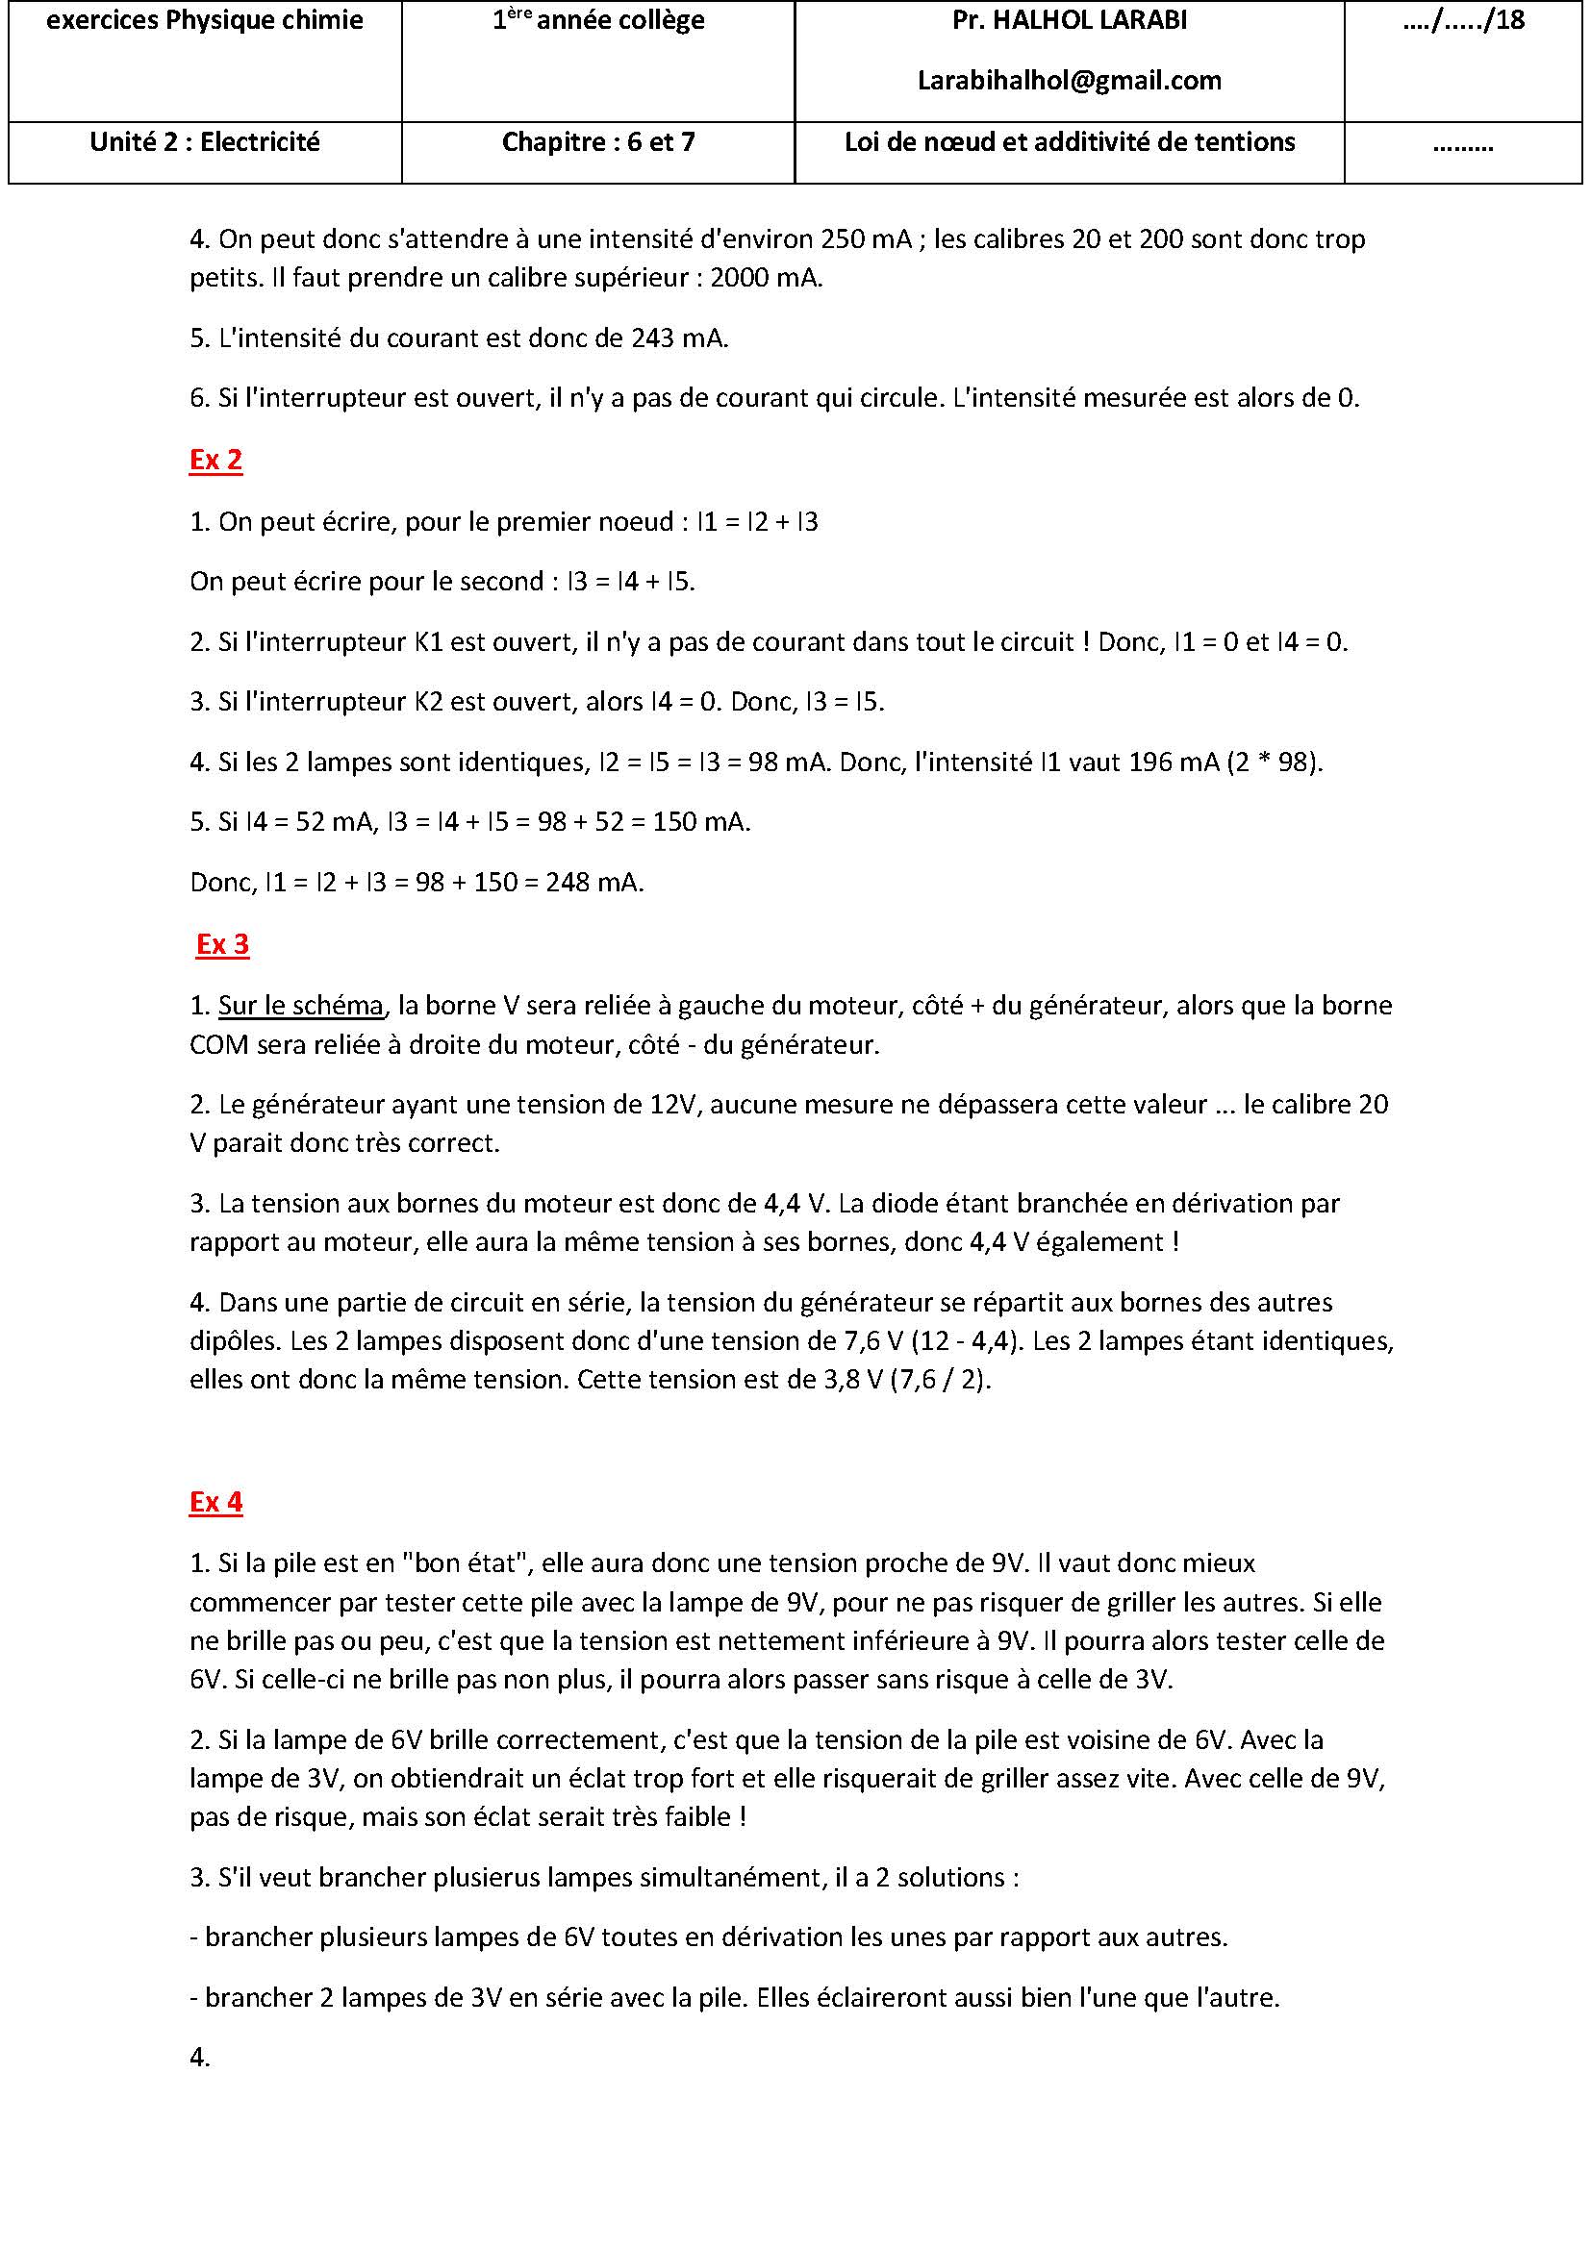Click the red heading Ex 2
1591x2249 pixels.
coord(215,460)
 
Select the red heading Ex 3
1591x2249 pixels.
coord(222,944)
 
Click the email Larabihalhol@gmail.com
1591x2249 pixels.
coord(1069,81)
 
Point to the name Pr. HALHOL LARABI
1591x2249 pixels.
coord(1069,20)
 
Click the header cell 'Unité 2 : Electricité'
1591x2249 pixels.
coord(205,142)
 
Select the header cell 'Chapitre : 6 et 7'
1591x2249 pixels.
coord(597,142)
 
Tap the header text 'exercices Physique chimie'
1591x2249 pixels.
coord(205,20)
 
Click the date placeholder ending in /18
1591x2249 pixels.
coord(1463,20)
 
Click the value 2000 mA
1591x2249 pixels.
coord(765,278)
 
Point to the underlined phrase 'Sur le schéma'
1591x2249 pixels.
coord(300,1005)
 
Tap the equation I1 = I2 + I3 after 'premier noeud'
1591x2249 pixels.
coord(757,522)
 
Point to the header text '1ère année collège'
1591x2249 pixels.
coord(597,20)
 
